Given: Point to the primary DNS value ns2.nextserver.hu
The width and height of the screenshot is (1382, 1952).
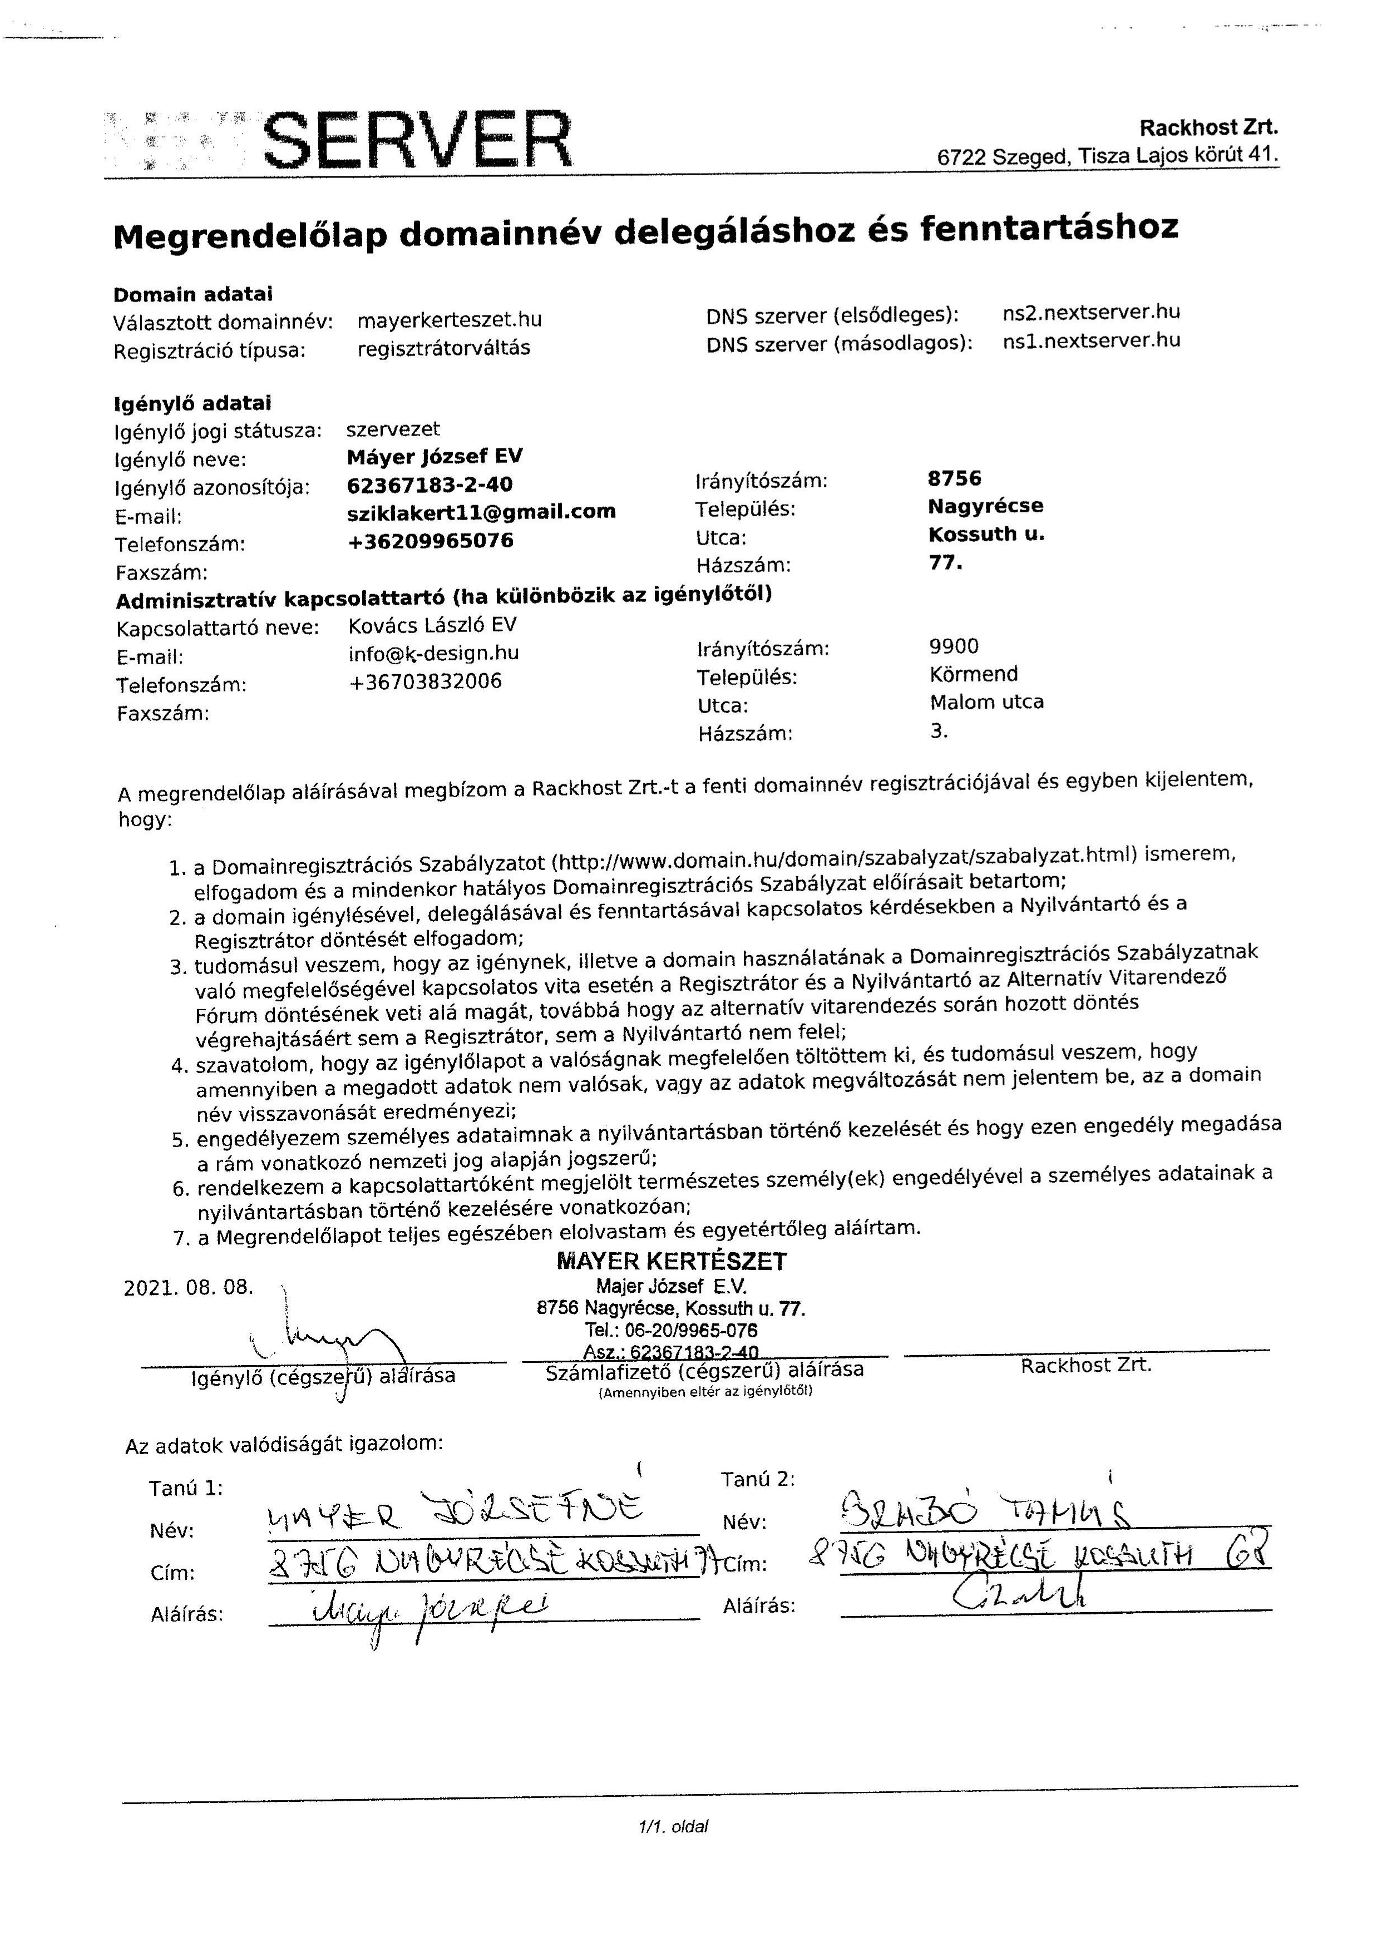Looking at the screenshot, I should (1091, 312).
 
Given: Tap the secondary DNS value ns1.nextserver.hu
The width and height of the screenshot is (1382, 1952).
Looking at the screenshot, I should (1091, 341).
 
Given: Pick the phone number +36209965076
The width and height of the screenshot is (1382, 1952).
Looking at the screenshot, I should (431, 541).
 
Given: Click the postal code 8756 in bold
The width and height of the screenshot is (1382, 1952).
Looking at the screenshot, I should (954, 478).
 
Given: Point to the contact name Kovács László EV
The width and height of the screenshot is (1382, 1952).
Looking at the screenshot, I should (432, 625).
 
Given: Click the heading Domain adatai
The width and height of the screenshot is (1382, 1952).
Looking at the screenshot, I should (193, 294).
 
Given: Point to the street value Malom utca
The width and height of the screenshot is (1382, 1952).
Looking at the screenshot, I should (986, 702).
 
